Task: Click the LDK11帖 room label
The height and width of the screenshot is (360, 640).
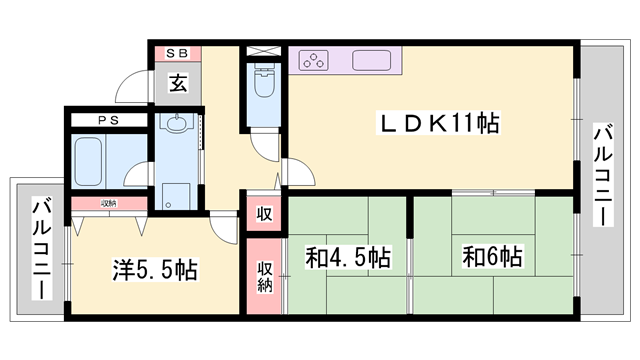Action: pos(439,123)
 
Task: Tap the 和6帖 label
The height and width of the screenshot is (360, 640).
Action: pos(492,257)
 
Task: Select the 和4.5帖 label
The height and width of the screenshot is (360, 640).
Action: pos(348,257)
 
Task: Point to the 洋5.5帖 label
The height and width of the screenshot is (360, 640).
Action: pos(155,270)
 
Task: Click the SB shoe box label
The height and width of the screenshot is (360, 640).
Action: pos(178,53)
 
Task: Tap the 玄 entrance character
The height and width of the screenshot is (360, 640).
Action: pos(178,83)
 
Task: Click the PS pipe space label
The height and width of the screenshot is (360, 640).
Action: pos(109,120)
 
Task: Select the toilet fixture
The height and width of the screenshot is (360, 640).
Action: pos(264,81)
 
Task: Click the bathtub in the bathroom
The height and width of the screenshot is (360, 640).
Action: pos(88,162)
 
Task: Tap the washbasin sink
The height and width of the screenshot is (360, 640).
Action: pos(177,123)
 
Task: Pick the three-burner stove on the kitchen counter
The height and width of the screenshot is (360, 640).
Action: pos(313,60)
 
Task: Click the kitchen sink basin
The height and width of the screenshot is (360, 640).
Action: pos(371,60)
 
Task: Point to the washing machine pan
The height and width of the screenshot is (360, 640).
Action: pos(176,197)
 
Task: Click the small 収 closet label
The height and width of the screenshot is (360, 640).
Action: pos(264,213)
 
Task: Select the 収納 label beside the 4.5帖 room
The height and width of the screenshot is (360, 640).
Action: pos(264,276)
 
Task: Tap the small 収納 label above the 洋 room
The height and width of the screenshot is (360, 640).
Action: pos(109,203)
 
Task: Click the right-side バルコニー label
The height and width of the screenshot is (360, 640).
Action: pos(603,175)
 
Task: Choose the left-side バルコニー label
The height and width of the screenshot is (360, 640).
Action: pos(42,249)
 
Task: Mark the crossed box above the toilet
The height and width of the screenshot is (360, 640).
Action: pos(264,51)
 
